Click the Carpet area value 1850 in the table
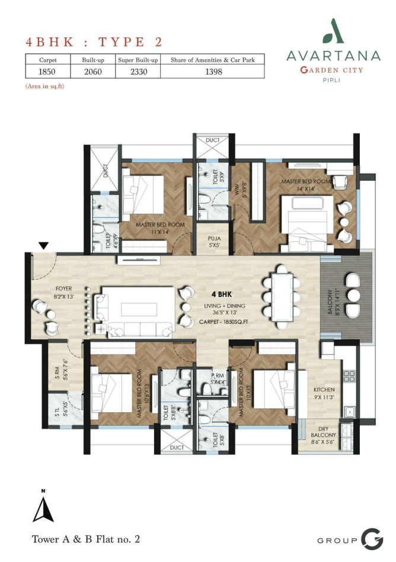[x=47, y=72]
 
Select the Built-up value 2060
[x=93, y=72]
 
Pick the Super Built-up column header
[x=138, y=60]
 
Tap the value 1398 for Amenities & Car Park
[x=213, y=72]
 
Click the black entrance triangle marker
[x=44, y=246]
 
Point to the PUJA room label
[x=214, y=238]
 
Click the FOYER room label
[x=64, y=289]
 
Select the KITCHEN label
[x=324, y=389]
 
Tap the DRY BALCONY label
[x=323, y=432]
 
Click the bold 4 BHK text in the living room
[x=222, y=295]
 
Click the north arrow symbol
[x=43, y=509]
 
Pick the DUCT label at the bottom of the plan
[x=176, y=448]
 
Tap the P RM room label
[x=218, y=376]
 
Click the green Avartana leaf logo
[x=333, y=31]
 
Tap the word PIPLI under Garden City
[x=331, y=80]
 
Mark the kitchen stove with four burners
[x=347, y=376]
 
